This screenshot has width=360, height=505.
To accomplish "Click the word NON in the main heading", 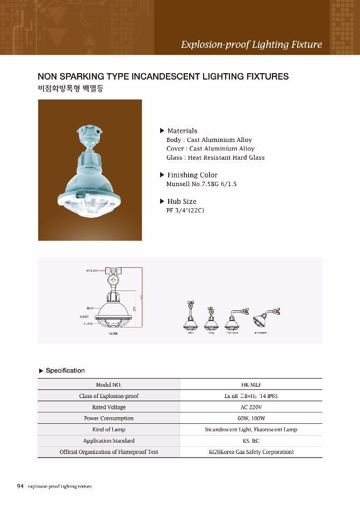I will [x=47, y=76].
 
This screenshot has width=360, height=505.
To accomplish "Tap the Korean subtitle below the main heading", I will [x=69, y=88].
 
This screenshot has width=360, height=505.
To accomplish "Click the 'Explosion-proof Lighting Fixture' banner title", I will [x=251, y=44].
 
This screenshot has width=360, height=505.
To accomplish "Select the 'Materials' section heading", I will [x=182, y=131].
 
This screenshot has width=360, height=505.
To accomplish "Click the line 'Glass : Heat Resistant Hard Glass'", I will [x=215, y=158].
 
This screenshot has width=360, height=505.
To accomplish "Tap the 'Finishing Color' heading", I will [x=192, y=175].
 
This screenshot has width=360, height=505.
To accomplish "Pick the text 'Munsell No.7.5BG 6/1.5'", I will [x=201, y=184].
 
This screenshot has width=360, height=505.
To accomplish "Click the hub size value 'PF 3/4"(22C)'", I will [x=185, y=210].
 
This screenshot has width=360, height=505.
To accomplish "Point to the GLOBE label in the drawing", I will [x=113, y=333].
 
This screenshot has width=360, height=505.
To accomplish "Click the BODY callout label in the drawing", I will [x=90, y=307].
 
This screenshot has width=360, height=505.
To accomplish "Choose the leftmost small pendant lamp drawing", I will [x=190, y=320].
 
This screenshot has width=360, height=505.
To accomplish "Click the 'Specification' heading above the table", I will [x=65, y=371].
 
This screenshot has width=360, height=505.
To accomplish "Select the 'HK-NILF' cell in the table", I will [x=251, y=385].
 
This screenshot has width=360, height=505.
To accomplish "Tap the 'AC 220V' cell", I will [x=251, y=407].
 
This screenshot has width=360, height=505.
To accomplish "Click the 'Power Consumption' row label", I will [x=109, y=418].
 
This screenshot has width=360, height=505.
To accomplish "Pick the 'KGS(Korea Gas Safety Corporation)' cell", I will [x=251, y=452].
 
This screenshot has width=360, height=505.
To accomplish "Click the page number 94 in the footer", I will [x=20, y=486].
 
